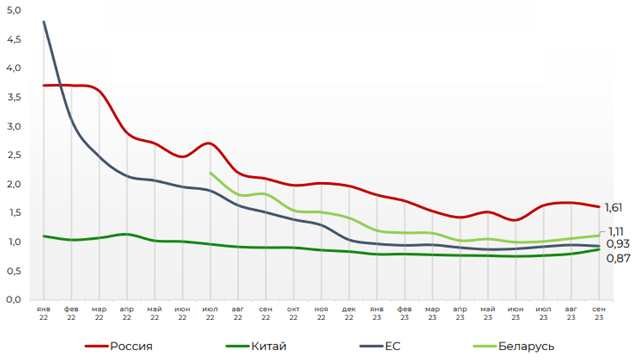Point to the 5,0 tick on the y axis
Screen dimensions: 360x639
13,10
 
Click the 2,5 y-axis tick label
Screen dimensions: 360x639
13,155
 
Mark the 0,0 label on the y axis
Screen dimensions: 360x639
13,299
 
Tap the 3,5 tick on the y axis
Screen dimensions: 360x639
13,97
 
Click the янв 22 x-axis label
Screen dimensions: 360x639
44,312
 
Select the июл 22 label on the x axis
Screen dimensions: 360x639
210,312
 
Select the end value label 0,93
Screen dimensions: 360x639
617,244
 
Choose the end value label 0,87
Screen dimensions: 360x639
617,258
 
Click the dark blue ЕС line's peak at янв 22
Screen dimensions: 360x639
44,22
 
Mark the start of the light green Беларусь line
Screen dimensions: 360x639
210,172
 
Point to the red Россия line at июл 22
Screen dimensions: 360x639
210,143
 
